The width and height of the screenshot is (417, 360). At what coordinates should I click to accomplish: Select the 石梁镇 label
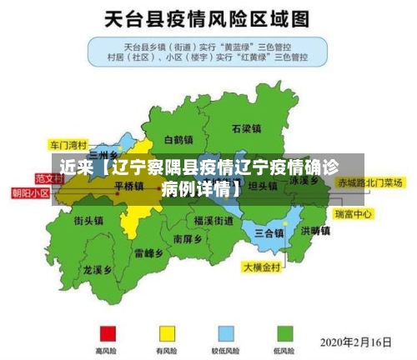pos(247,129)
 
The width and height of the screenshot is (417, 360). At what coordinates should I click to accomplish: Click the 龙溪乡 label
pos(98,270)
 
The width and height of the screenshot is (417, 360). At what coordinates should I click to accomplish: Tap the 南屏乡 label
pos(188,238)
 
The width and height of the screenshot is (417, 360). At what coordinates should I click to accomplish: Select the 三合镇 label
pos(270,232)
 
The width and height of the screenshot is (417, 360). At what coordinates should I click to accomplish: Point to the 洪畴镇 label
pos(315,231)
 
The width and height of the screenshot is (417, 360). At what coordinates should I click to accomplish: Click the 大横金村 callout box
pos(263,268)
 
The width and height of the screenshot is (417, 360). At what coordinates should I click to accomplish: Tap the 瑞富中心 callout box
pos(353,214)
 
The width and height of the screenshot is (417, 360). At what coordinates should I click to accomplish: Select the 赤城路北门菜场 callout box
pos(370,182)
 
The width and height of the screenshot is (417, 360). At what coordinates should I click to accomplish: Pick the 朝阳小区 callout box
pos(30,192)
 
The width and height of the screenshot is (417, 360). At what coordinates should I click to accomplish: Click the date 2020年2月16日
pos(356,342)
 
